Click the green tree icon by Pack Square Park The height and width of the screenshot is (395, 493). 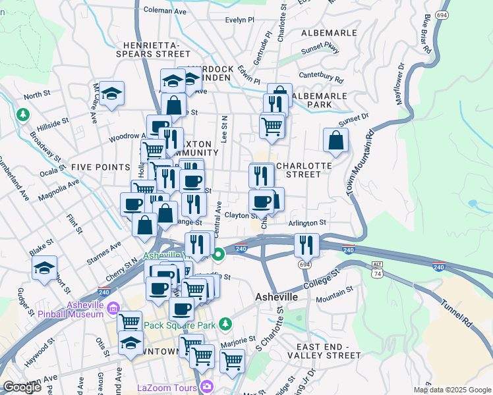225,323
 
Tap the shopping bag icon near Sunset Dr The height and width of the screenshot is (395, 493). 335,140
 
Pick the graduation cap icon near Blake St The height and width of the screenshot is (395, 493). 44,268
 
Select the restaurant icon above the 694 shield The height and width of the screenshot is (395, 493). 306,244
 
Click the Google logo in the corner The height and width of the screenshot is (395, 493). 22,387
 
